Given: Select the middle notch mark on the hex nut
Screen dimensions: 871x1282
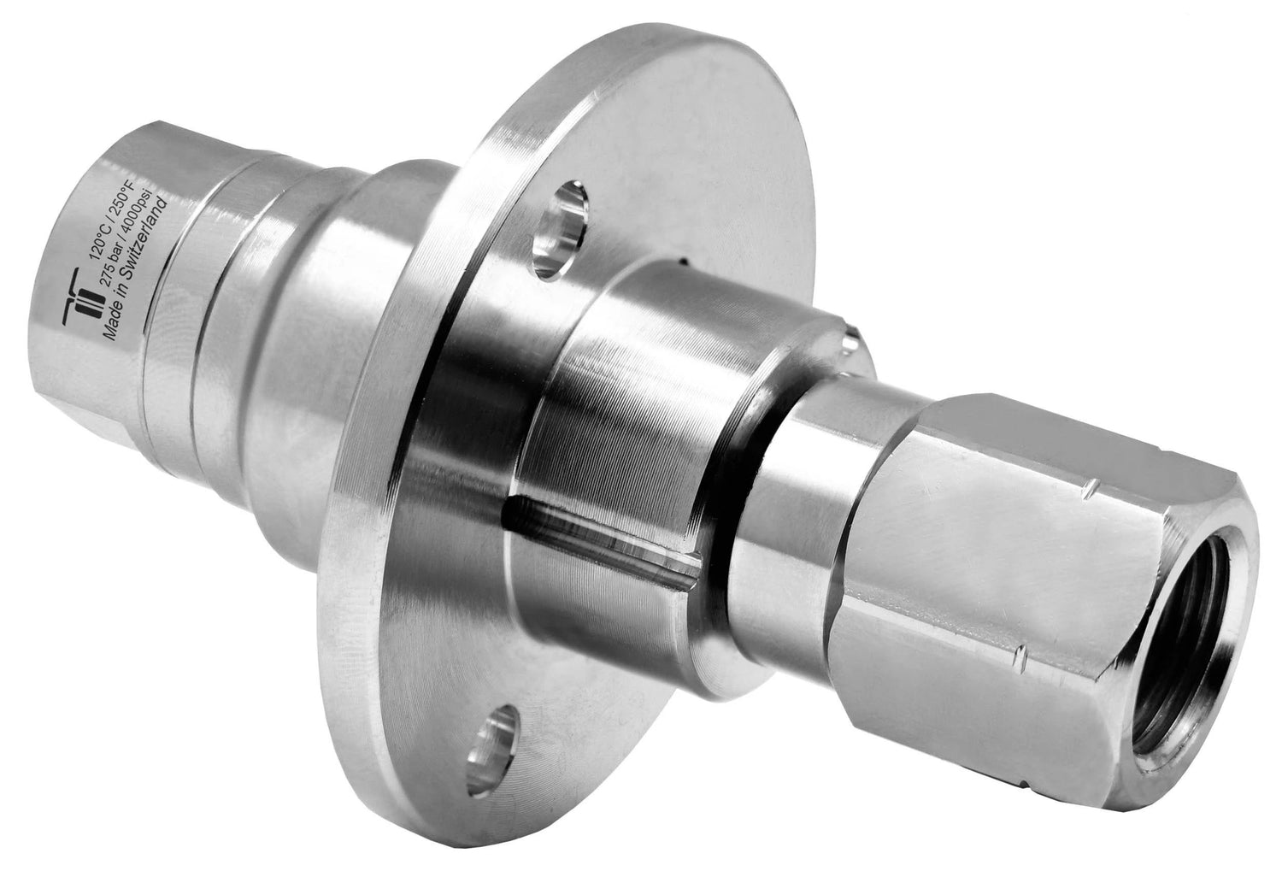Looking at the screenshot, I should click(x=1021, y=656).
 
